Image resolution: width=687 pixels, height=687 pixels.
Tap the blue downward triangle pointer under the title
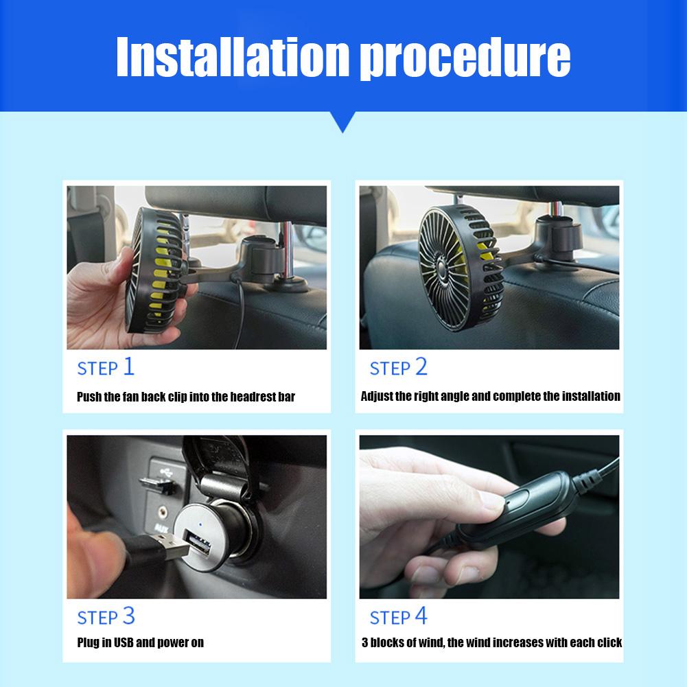coord(343,121)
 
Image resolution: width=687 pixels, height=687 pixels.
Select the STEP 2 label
coord(398,367)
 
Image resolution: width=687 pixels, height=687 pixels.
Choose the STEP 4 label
coord(398,616)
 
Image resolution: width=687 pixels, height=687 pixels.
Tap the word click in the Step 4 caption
coord(607,642)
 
